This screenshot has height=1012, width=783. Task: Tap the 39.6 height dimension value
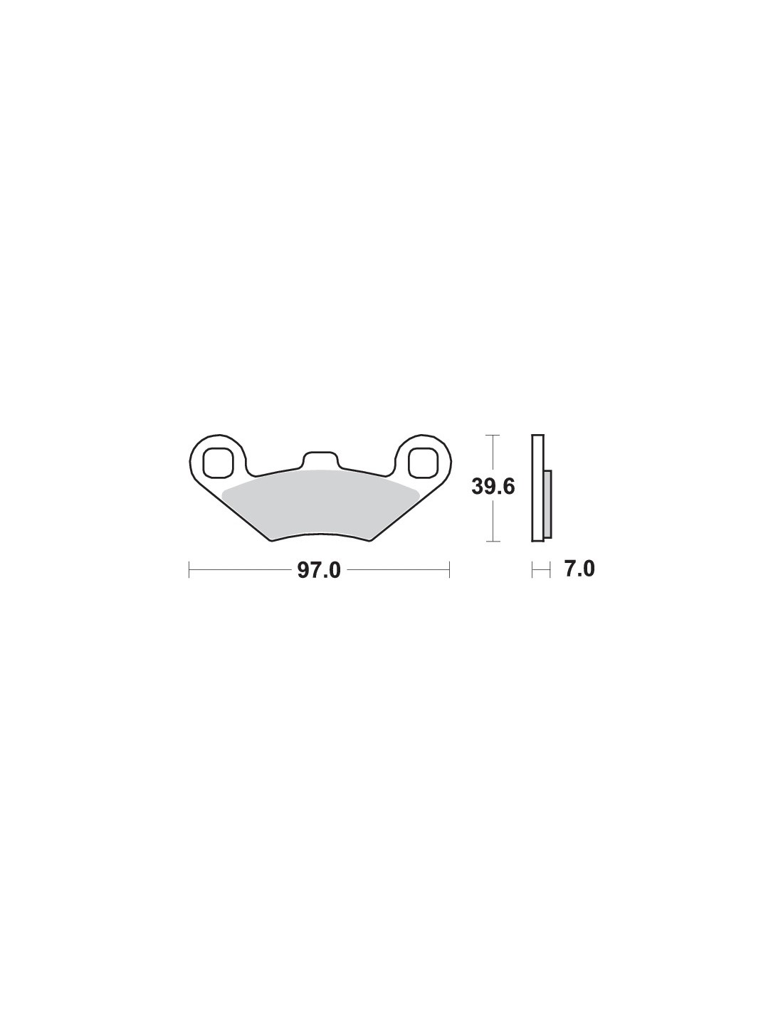(x=493, y=487)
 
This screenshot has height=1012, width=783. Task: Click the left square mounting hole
(x=218, y=463)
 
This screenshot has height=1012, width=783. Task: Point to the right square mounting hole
(x=423, y=463)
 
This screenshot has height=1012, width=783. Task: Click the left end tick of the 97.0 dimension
(x=189, y=569)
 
